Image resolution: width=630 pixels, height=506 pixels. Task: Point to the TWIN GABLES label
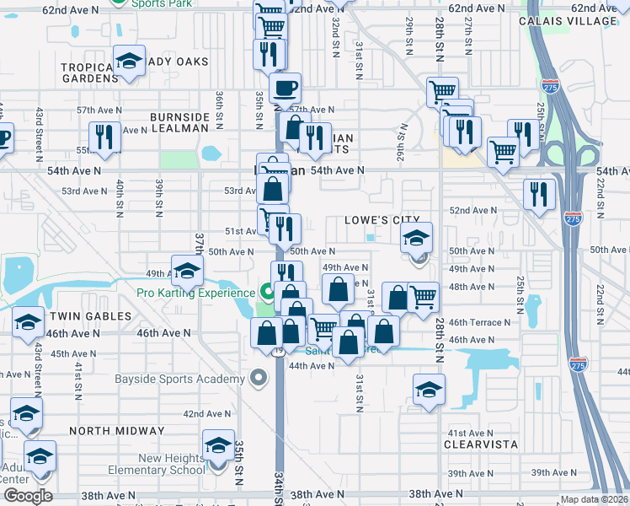pyautogui.click(x=90, y=316)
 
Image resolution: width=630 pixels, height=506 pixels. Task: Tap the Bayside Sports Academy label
pyautogui.click(x=179, y=379)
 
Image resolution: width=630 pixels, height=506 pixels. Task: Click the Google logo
pyautogui.click(x=28, y=496)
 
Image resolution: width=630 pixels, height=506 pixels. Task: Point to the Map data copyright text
pyautogui.click(x=595, y=499)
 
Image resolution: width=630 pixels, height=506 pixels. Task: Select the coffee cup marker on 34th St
pyautogui.click(x=286, y=88)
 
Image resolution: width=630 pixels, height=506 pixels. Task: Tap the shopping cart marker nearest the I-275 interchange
pyautogui.click(x=503, y=152)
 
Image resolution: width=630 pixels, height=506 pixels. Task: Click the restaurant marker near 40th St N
pyautogui.click(x=104, y=137)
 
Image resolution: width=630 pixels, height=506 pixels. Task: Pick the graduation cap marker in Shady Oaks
pyautogui.click(x=129, y=62)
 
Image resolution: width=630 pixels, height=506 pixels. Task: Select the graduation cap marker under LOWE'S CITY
pyautogui.click(x=416, y=239)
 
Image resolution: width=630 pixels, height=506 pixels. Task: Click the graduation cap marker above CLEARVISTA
pyautogui.click(x=428, y=390)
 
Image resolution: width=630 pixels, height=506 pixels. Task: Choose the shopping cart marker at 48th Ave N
pyautogui.click(x=423, y=296)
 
